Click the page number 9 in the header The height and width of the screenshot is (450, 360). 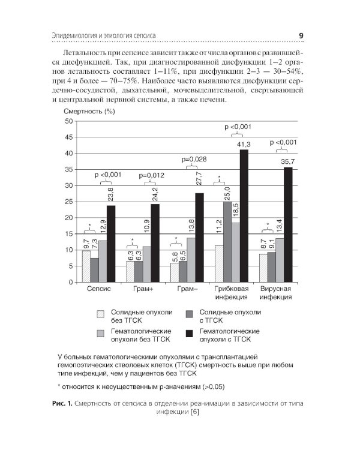pos(301,36)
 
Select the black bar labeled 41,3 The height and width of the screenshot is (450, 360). pos(244,215)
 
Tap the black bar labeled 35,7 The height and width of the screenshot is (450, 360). pos(288,224)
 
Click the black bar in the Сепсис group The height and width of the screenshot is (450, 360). pos(111,244)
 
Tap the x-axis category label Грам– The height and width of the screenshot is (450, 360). pos(186,289)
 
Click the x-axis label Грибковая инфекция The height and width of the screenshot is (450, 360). pos(230,293)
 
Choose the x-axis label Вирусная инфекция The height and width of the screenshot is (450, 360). pos(275,293)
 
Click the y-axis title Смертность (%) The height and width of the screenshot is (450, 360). pos(89,112)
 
